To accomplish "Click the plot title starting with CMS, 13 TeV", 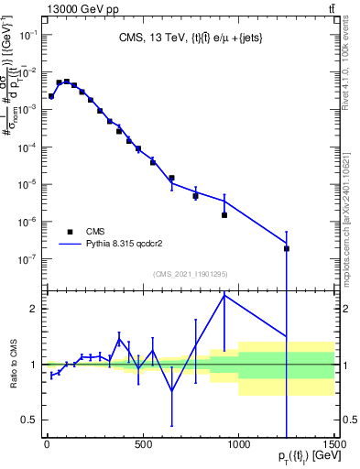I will tap(189, 38).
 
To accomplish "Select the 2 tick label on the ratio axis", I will tap(33, 309).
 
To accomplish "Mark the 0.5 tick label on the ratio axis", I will tap(29, 420).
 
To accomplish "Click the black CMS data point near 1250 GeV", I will tap(287, 248).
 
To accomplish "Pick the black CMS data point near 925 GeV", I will tap(224, 215).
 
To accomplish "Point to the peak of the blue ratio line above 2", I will tap(224, 295).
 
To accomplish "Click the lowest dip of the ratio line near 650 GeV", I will tap(171, 392).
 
